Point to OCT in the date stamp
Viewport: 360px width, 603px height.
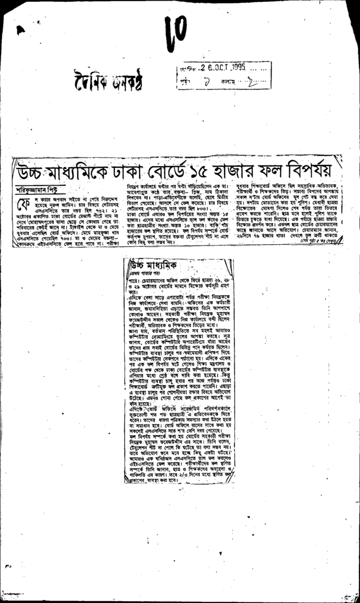tap(221, 68)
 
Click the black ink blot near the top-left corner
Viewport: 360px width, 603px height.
tap(21, 30)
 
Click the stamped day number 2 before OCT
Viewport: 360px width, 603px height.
tap(203, 68)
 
